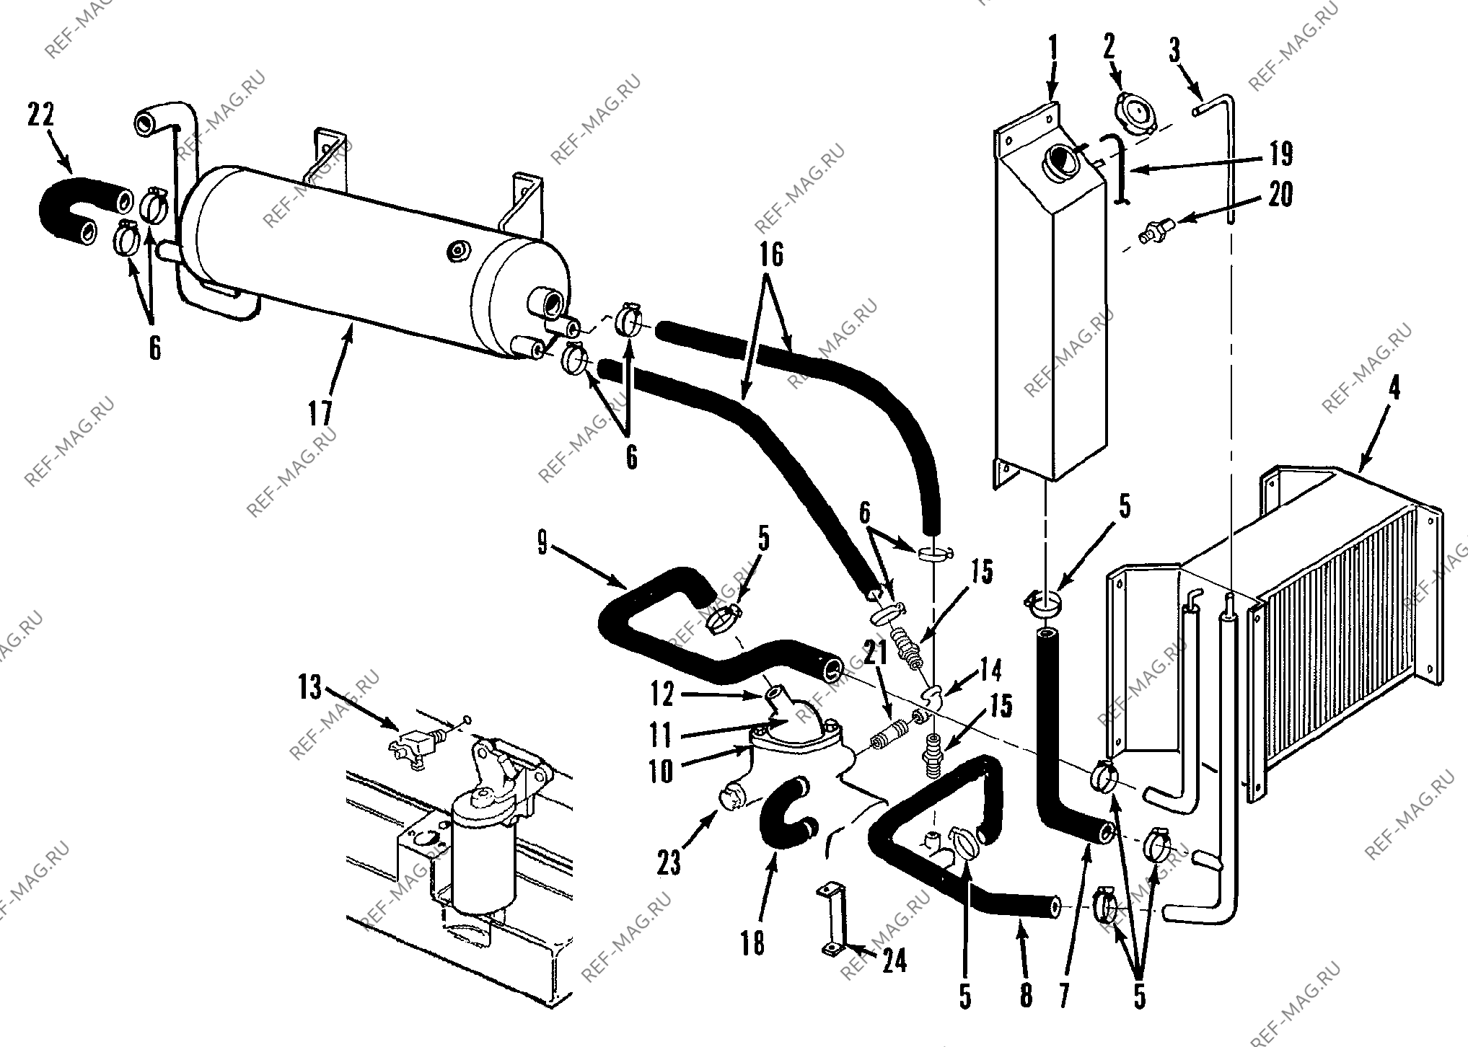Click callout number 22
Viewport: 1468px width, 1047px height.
pyautogui.click(x=42, y=115)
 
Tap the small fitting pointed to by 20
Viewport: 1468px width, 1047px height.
pyautogui.click(x=1155, y=230)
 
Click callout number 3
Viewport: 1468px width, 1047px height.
pyautogui.click(x=1174, y=52)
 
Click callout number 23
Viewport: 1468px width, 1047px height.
pyautogui.click(x=669, y=862)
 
